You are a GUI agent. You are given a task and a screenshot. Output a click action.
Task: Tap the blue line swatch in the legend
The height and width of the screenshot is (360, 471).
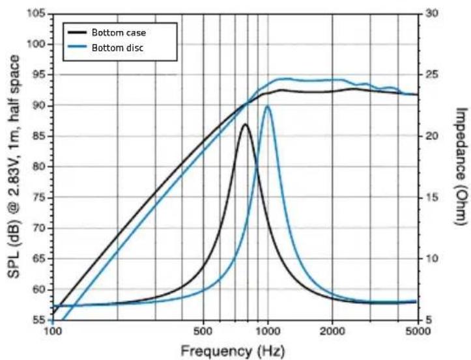78,48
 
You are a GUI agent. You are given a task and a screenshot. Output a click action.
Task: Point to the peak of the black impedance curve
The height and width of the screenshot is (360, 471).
245,124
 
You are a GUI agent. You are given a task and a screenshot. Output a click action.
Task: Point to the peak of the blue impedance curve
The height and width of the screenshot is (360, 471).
267,107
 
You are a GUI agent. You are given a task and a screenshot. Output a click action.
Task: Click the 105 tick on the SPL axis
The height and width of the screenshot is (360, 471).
37,14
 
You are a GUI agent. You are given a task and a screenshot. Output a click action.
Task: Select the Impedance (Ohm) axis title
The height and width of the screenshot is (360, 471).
461,167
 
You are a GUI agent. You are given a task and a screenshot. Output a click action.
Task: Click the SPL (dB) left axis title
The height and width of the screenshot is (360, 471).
12,167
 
